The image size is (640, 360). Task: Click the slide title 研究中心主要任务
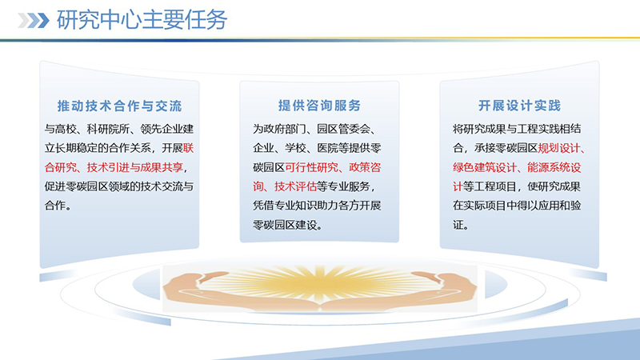coord(142,21)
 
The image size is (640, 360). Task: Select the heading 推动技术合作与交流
coord(119,106)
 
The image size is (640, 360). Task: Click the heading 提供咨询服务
coord(319,106)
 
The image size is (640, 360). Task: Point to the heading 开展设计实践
coord(519,106)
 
